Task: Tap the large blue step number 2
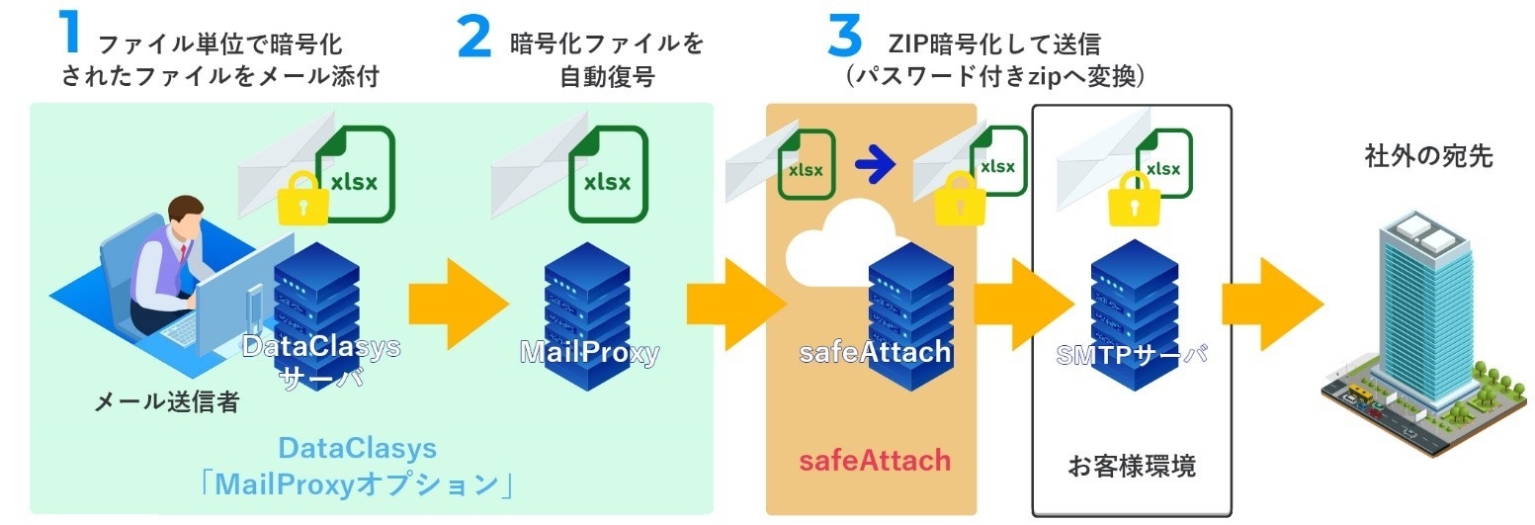coord(473,37)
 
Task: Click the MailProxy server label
coord(589,353)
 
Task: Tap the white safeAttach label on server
coord(874,351)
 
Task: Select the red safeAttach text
coord(874,460)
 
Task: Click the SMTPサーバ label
coord(1133,353)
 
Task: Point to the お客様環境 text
coord(1132,465)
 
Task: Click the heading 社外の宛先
coord(1428,155)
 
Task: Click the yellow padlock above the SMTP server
coord(1134,202)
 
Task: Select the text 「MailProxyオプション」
coord(358,485)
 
